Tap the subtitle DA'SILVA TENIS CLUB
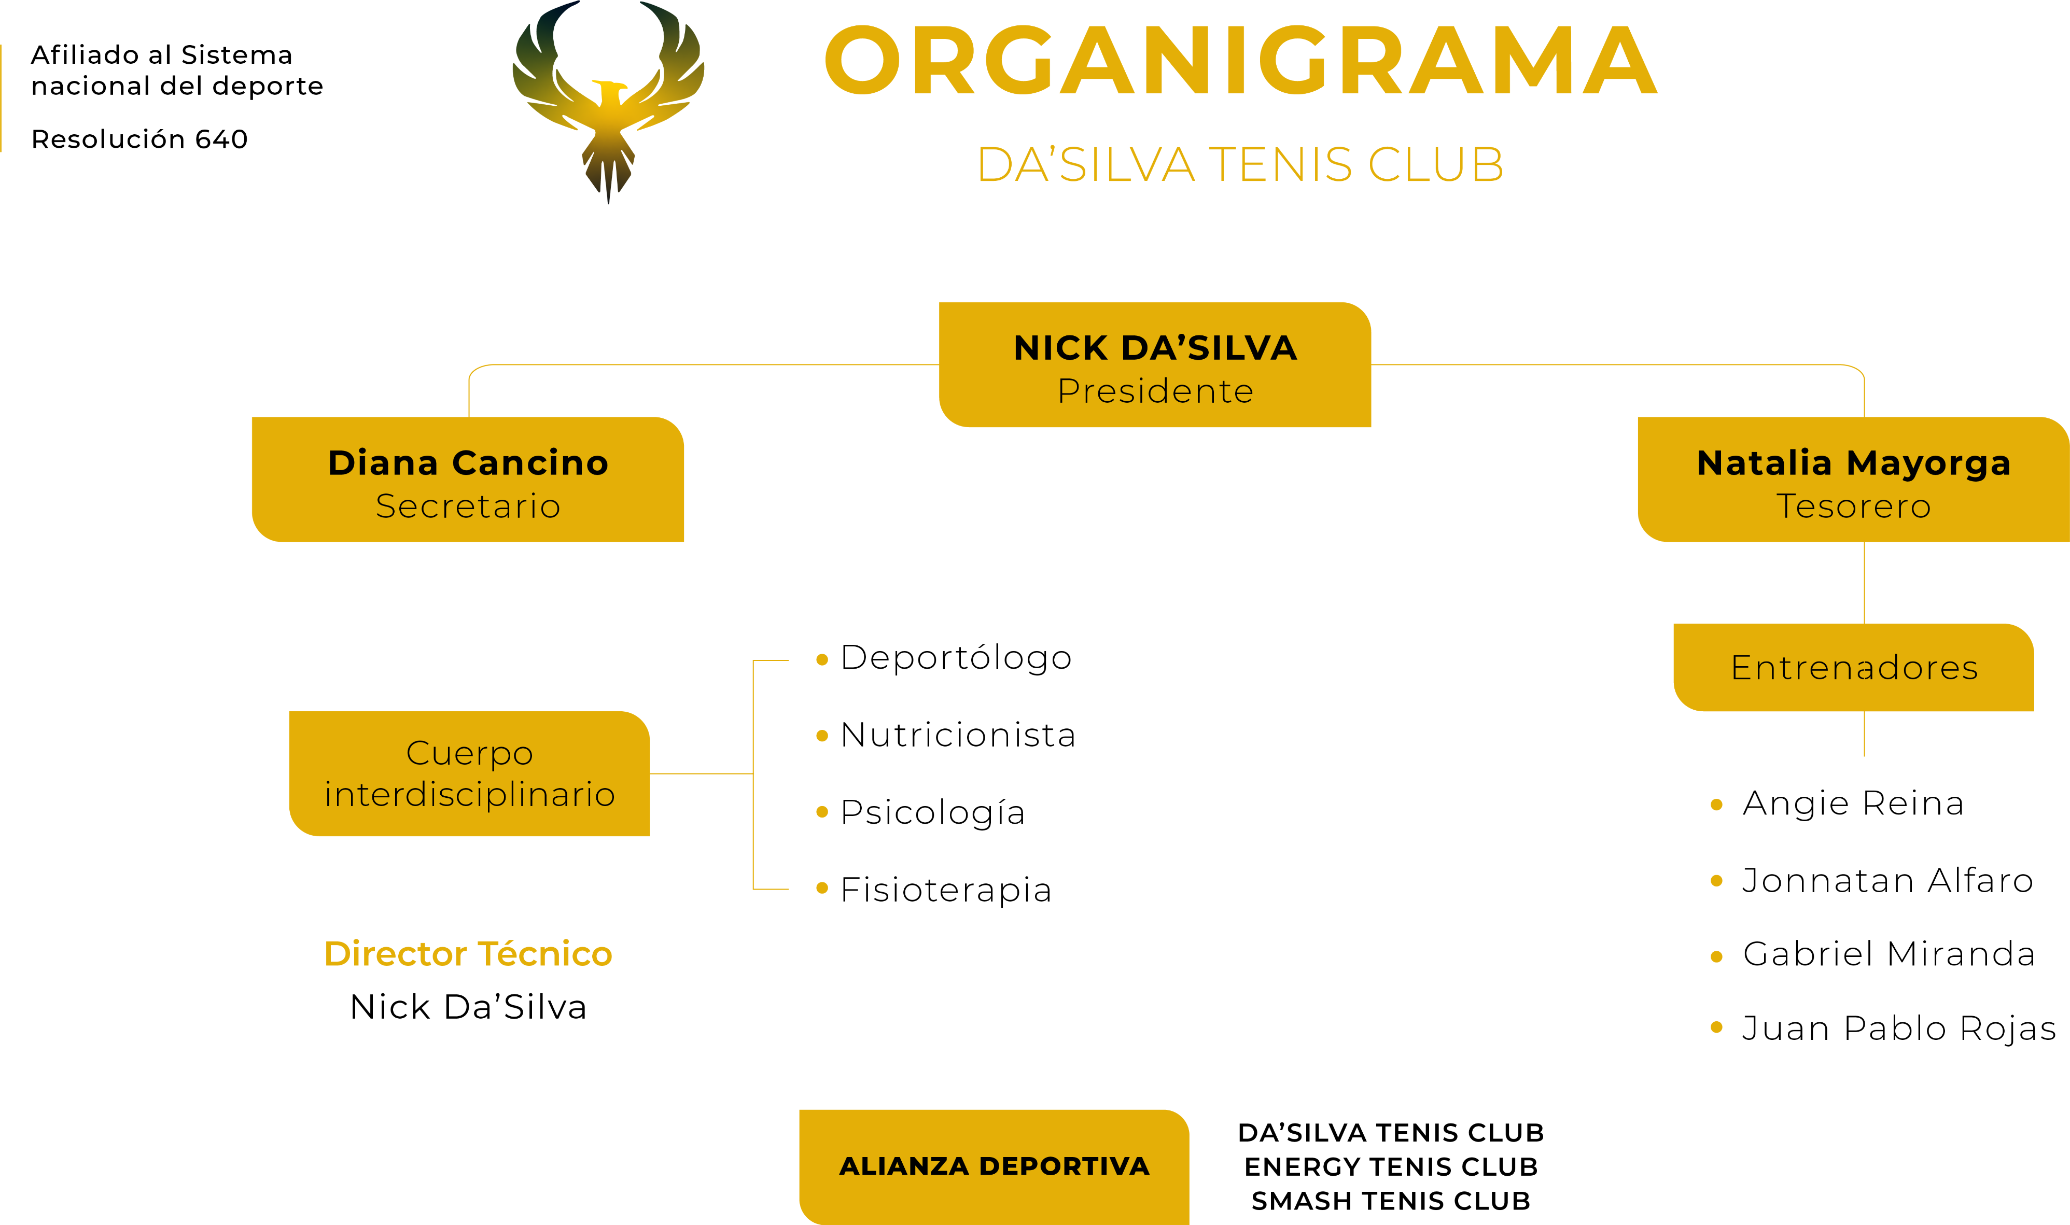pyautogui.click(x=1240, y=164)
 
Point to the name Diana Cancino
pyautogui.click(x=468, y=463)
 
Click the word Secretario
pyautogui.click(x=468, y=506)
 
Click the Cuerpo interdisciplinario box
pyautogui.click(x=469, y=773)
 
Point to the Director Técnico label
pyautogui.click(x=468, y=953)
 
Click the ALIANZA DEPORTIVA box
pyautogui.click(x=994, y=1165)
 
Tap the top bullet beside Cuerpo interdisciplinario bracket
pyautogui.click(x=821, y=659)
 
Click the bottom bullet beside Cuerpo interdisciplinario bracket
pyautogui.click(x=821, y=888)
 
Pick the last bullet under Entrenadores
pyautogui.click(x=1716, y=1027)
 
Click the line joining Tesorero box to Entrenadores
pyautogui.click(x=1865, y=582)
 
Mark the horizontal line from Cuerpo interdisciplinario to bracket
pyautogui.click(x=701, y=773)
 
